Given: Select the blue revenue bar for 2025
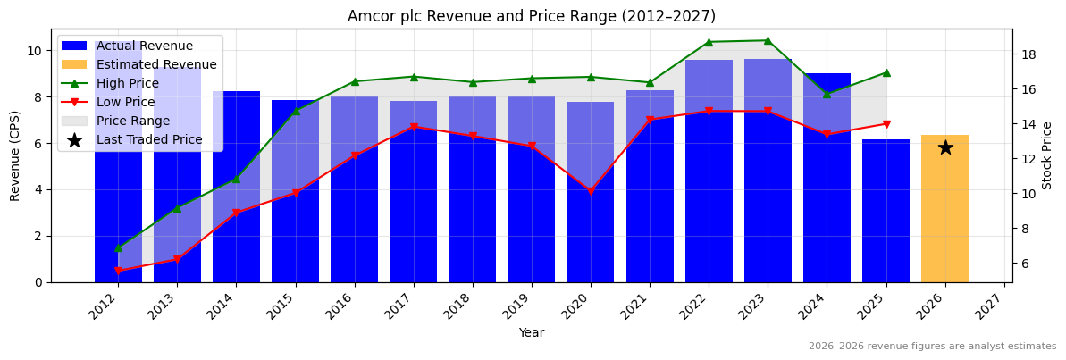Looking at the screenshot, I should pos(886,214).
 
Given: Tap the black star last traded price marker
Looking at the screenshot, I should pos(945,147).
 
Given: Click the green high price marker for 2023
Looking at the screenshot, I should pos(768,40).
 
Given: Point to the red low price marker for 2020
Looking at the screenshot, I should pos(591,191).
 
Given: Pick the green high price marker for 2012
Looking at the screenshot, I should pos(118,247).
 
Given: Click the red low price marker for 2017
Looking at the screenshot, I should pos(414,127).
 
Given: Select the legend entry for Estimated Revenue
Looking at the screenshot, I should pos(156,64).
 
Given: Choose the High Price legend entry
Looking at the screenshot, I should pos(127,83).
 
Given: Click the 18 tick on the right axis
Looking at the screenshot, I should pos(1028,54).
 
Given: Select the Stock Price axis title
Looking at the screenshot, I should pos(1047,155).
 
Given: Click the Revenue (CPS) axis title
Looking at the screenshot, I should pos(15,155).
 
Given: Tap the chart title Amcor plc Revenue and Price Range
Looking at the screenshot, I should pos(532,16).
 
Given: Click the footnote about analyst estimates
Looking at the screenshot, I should pos(932,347).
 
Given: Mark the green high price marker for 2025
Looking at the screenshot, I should pos(886,72).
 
